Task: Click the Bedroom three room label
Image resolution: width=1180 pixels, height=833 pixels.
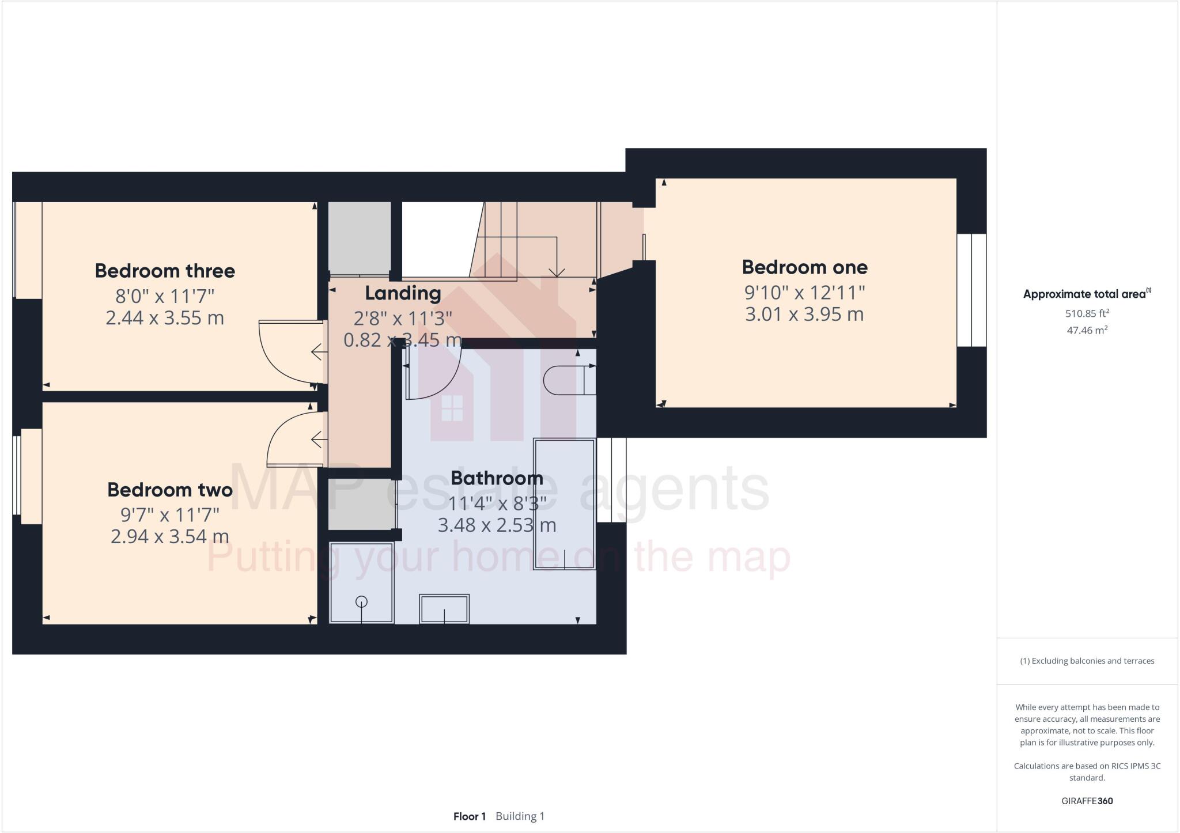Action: (165, 271)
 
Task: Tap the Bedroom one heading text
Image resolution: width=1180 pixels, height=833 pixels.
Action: (804, 267)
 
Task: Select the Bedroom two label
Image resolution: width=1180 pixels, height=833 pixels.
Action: (170, 490)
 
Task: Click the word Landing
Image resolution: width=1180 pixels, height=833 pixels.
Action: (403, 293)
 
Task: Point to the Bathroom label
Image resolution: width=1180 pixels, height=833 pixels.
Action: (497, 478)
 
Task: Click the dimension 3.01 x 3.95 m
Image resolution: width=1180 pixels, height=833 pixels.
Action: (804, 315)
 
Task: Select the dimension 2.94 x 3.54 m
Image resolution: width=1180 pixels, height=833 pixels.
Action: (170, 536)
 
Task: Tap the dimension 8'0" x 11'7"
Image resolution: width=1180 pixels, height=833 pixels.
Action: (165, 296)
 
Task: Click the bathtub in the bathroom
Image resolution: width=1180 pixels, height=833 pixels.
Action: (564, 504)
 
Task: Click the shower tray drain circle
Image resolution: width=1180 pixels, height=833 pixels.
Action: (361, 602)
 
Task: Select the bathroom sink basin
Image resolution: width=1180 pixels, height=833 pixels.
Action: (444, 609)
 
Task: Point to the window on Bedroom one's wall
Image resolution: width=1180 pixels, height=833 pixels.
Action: (971, 290)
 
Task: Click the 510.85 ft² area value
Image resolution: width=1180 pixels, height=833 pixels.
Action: (1087, 314)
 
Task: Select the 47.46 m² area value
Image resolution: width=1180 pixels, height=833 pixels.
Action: (1087, 331)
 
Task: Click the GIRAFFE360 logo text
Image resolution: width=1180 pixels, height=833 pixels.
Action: (1087, 801)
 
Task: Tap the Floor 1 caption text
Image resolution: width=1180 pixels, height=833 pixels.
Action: (469, 816)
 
